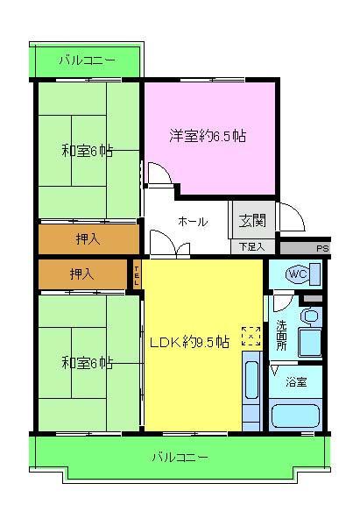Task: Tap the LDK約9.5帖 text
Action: pos(188,343)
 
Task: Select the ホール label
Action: pos(192,222)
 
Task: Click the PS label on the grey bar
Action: pos(322,248)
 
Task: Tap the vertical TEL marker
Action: pos(137,275)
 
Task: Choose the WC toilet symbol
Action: pos(296,274)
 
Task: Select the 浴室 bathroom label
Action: pos(296,380)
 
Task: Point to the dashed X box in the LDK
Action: pos(251,336)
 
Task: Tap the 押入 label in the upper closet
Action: pos(88,238)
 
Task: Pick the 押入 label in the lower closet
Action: pos(83,275)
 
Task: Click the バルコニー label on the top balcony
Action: pos(86,60)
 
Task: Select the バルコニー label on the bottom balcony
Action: pos(180,457)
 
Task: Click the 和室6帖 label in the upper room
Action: pos(87,151)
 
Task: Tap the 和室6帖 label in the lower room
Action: pos(87,362)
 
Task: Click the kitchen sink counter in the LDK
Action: pos(251,394)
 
